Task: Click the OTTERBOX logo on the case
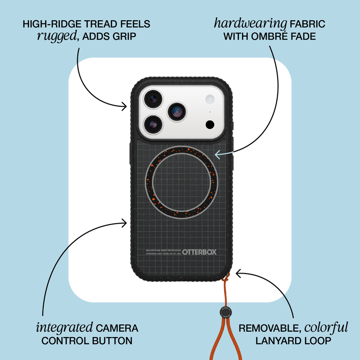pos(199,252)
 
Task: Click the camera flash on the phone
pos(209,99)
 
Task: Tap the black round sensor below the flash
pos(209,124)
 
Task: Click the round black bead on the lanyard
pos(224,311)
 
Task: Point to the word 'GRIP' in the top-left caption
pos(127,36)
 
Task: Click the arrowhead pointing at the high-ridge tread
pos(126,106)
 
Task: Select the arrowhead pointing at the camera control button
pos(126,221)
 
